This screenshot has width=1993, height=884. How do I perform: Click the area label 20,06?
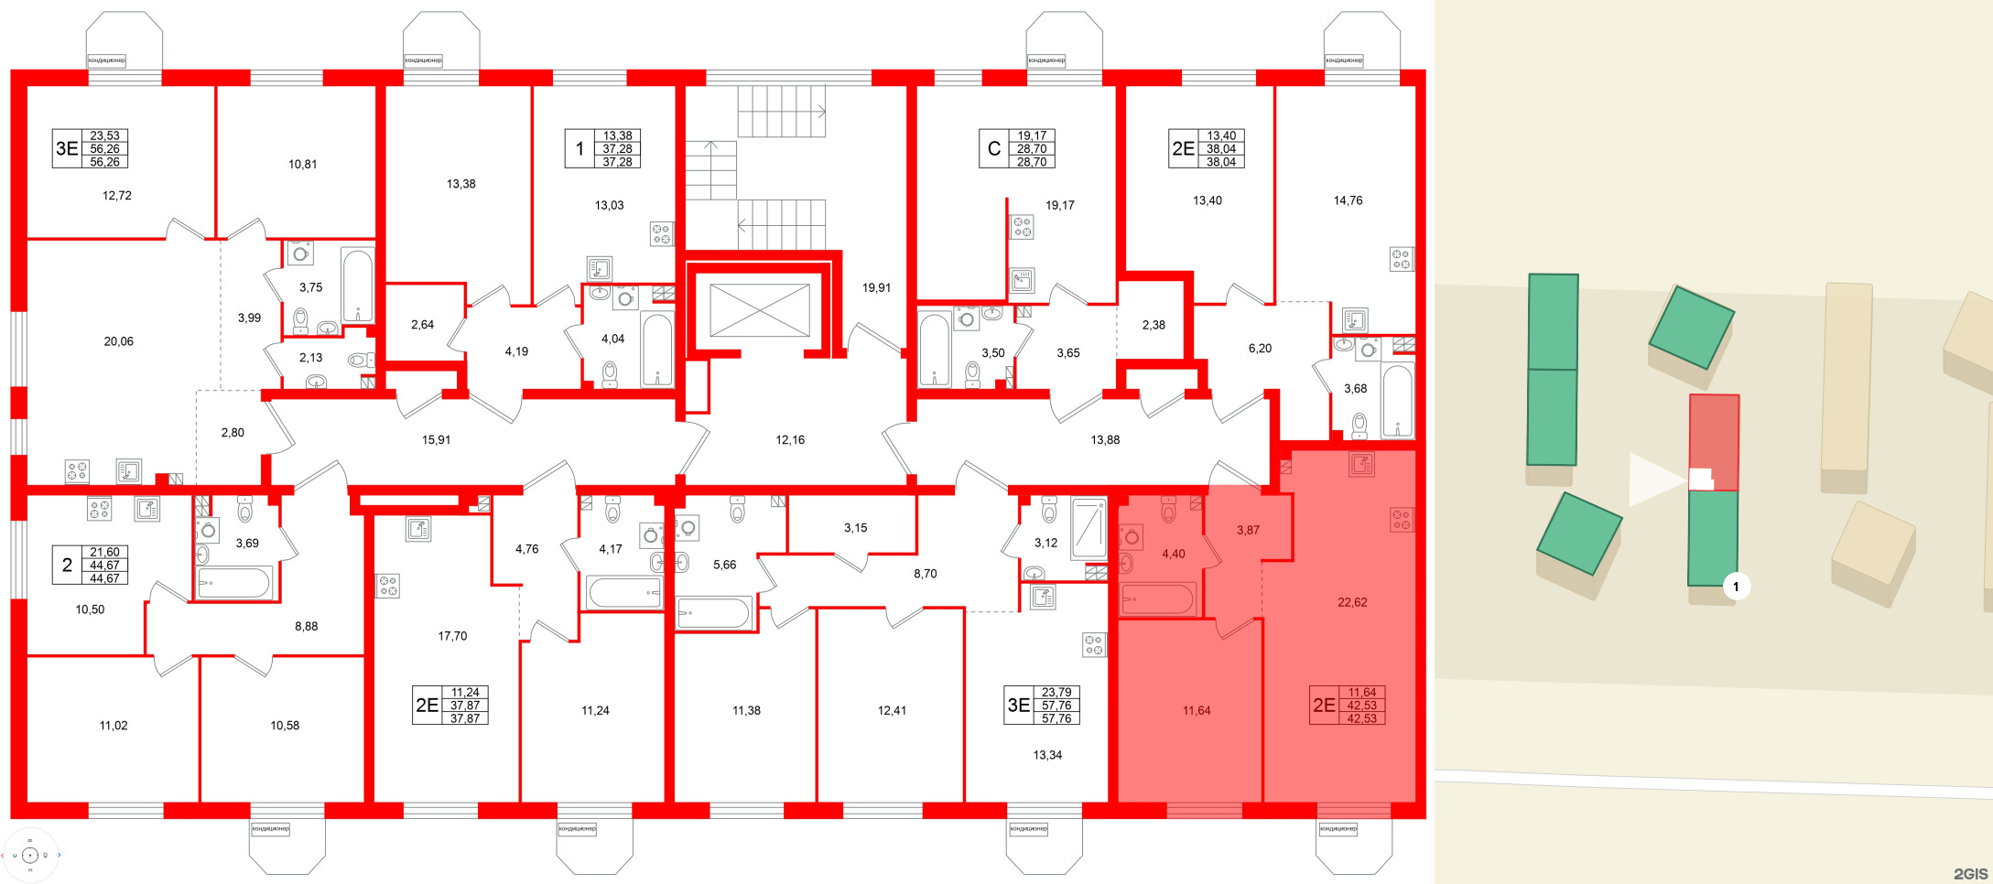[x=118, y=341]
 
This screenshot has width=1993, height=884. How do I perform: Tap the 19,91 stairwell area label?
[x=876, y=287]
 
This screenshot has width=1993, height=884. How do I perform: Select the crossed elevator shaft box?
[x=759, y=310]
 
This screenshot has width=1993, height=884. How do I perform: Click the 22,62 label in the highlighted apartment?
[x=1352, y=602]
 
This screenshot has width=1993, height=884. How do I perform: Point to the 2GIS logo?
[x=1970, y=874]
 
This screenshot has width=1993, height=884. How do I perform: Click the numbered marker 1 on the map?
[x=1736, y=586]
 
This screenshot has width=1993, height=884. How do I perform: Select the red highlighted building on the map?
[x=1714, y=442]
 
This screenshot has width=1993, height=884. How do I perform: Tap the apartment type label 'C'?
[x=994, y=149]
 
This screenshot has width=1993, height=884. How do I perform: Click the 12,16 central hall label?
[x=790, y=440]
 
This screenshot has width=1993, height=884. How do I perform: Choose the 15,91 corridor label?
[x=436, y=440]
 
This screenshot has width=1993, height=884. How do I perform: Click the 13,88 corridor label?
[x=1105, y=440]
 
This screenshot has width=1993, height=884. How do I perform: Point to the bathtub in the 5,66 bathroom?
[x=713, y=612]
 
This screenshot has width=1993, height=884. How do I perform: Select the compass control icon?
[x=30, y=856]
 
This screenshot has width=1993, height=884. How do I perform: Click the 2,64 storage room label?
[x=422, y=325]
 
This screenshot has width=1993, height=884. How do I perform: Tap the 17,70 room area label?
[x=452, y=636]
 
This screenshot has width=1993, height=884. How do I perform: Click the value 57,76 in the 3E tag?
[x=1056, y=706]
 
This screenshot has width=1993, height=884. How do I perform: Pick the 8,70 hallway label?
[x=925, y=574]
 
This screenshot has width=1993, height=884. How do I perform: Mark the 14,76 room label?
[x=1348, y=200]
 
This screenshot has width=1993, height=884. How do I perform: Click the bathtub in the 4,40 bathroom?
[x=1158, y=600]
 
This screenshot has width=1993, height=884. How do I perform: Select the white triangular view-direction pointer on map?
[x=1656, y=480]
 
